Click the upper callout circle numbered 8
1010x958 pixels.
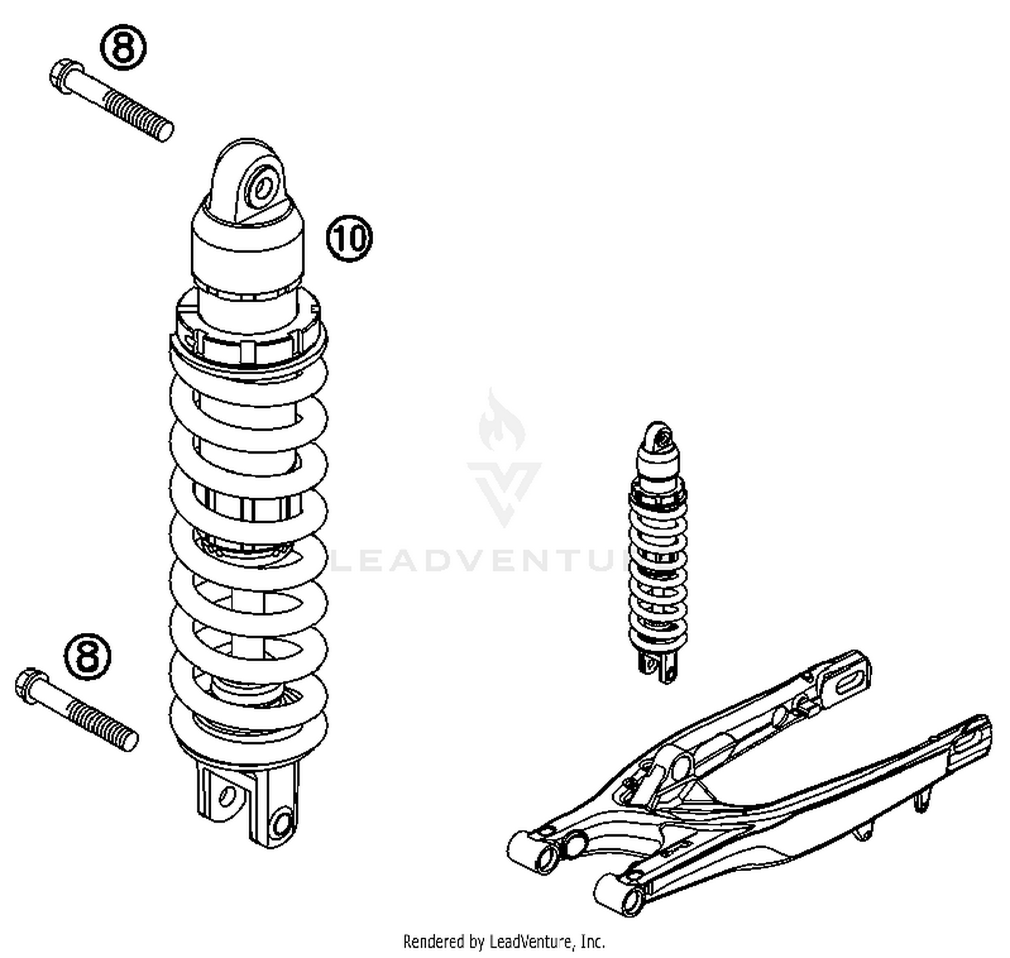click(x=123, y=47)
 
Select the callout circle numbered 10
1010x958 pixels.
click(x=349, y=238)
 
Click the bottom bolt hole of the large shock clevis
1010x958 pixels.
click(x=282, y=822)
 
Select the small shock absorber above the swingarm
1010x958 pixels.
click(x=658, y=552)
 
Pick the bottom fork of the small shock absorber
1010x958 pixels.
click(x=658, y=666)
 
